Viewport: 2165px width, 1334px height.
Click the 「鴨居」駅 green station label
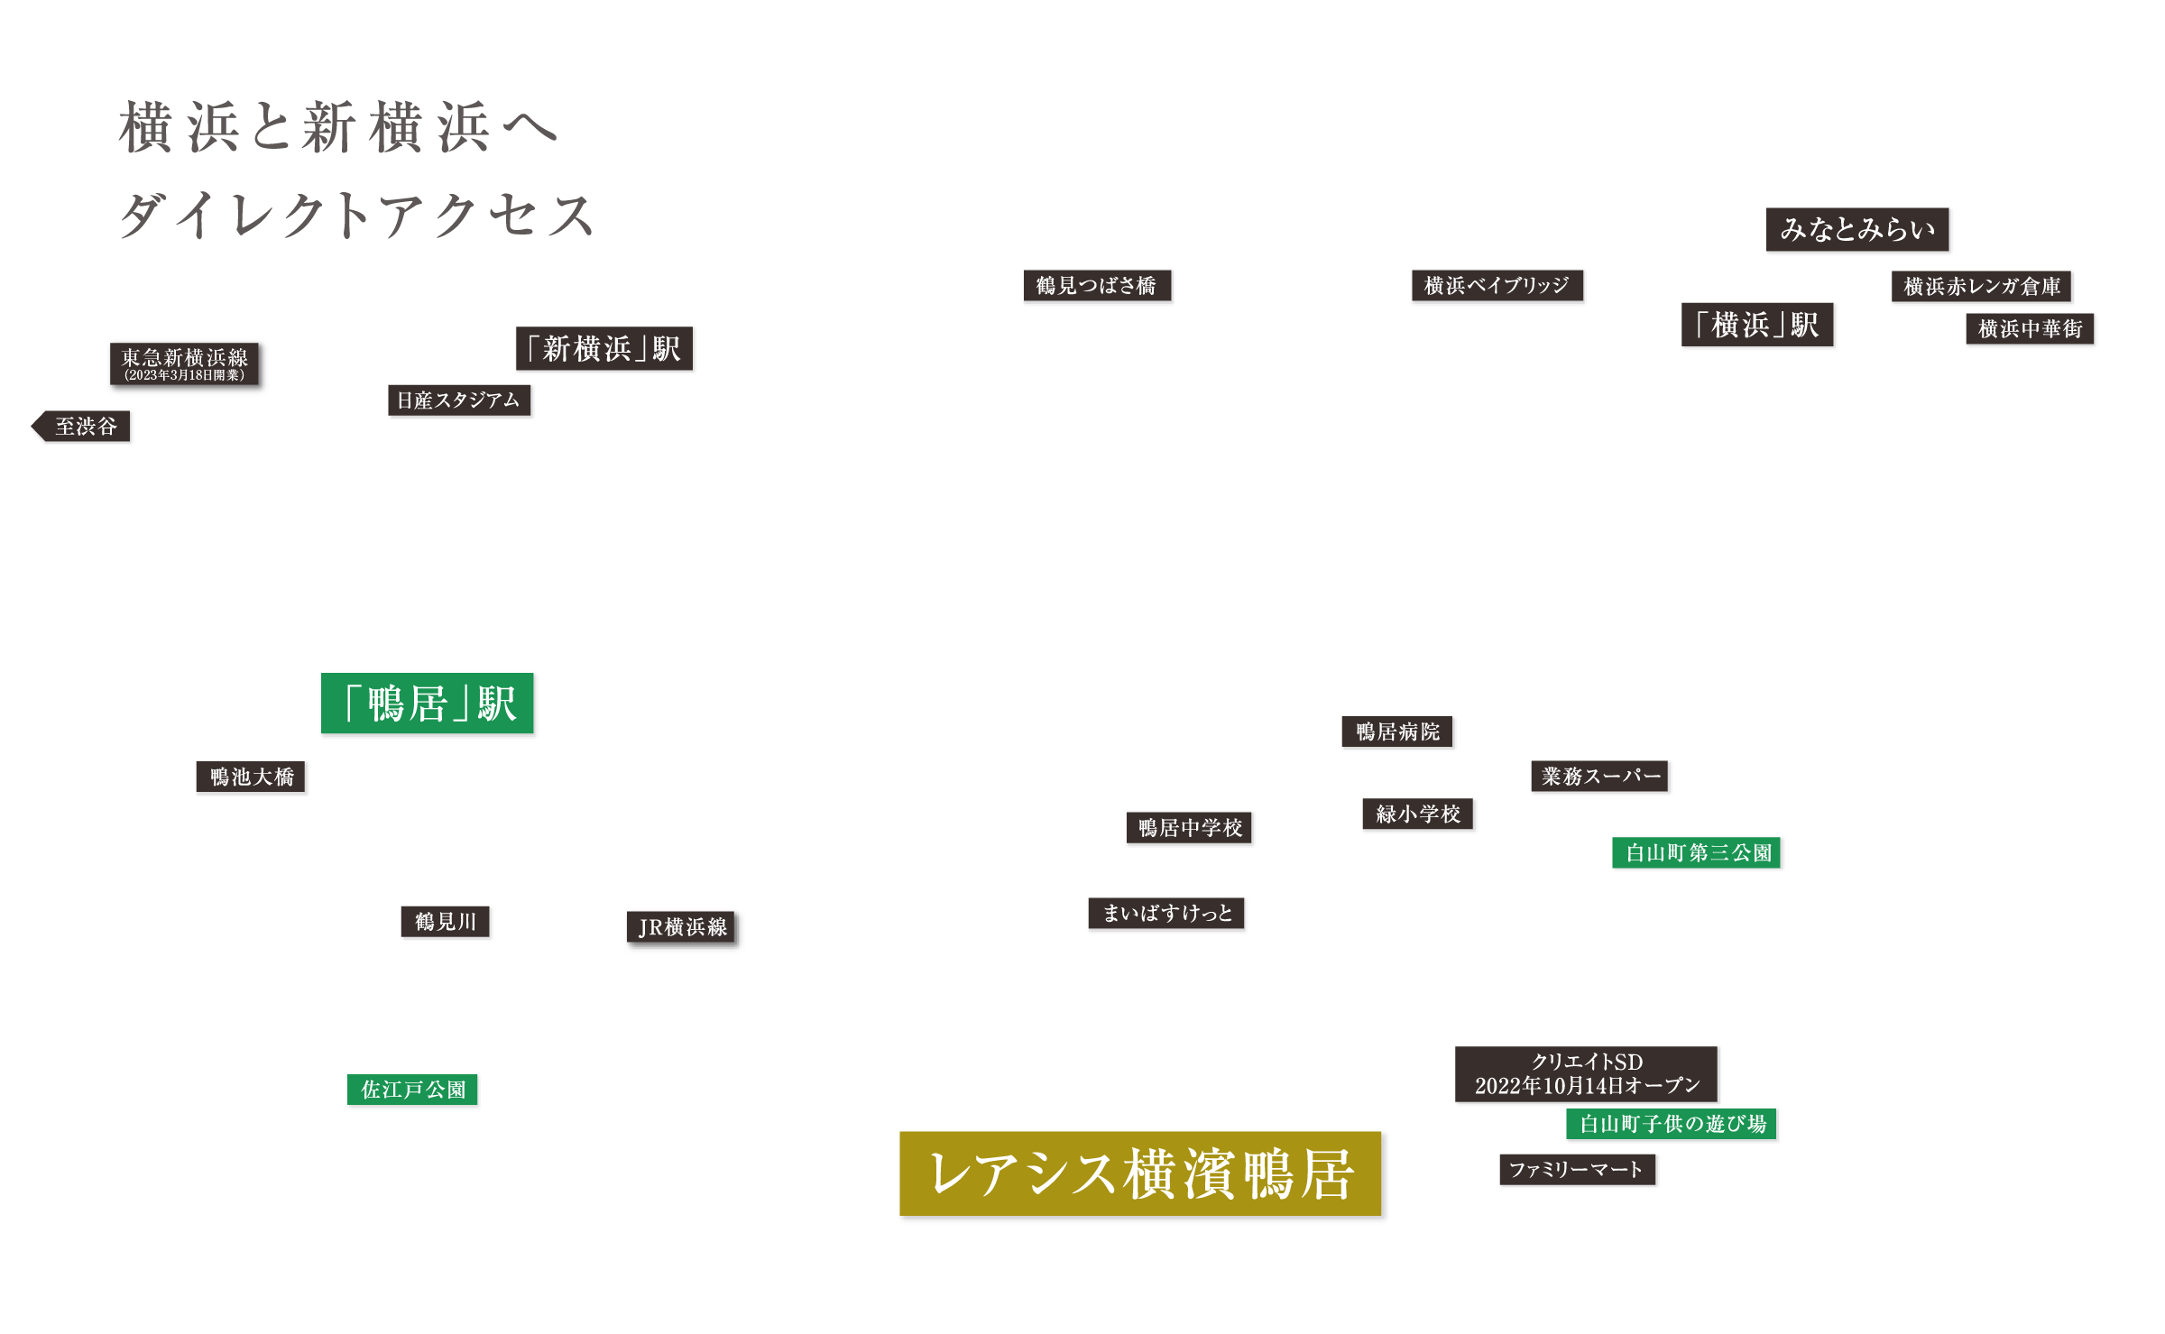[x=428, y=704]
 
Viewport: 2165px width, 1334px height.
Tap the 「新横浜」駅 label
[x=604, y=349]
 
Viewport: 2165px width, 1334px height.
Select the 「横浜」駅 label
[x=1758, y=326]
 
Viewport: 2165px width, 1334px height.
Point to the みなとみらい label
[x=1858, y=230]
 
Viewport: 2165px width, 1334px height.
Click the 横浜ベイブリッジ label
[x=1497, y=287]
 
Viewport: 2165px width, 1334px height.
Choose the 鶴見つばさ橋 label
[x=1097, y=287]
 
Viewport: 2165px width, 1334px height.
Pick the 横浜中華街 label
[x=2030, y=329]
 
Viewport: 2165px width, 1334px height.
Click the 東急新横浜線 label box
[x=187, y=365]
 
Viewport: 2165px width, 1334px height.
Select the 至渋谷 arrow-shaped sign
[x=84, y=427]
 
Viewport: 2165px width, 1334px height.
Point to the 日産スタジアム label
[x=460, y=401]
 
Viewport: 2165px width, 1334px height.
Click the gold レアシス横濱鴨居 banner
[x=1142, y=1175]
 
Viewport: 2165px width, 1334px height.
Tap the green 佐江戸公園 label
[x=413, y=1090]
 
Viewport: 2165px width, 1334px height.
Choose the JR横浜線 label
[x=684, y=929]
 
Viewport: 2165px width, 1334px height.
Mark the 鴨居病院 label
[x=1398, y=732]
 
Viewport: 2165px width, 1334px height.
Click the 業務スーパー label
[x=1601, y=777]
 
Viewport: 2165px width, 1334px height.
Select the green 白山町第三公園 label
[x=1698, y=853]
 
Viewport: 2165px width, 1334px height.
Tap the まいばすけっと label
[x=1167, y=914]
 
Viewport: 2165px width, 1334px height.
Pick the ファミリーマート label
[x=1578, y=1171]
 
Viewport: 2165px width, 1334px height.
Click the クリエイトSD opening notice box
[x=1587, y=1074]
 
